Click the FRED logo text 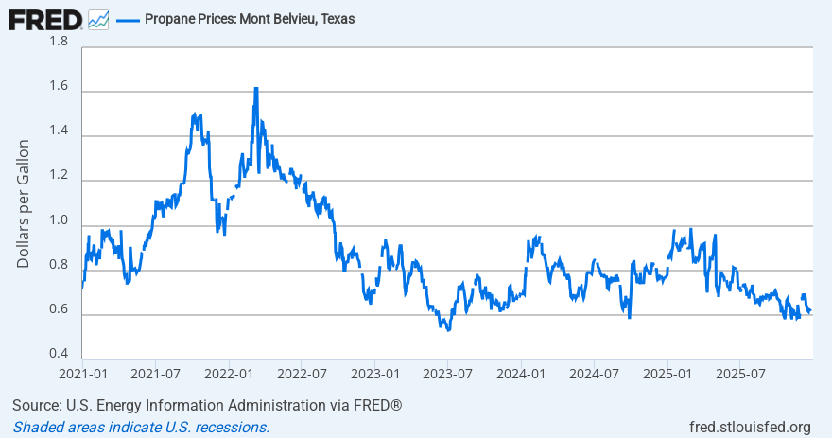click(45, 18)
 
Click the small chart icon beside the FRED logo click(98, 19)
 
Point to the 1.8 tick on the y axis click(59, 43)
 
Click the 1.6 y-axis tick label click(59, 87)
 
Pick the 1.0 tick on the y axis click(59, 221)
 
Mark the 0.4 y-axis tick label click(59, 355)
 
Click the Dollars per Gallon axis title click(24, 203)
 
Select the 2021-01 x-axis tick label click(82, 375)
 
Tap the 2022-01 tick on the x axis click(229, 375)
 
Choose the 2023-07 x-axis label click(447, 375)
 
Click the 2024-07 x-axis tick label click(594, 375)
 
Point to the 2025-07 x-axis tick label click(740, 375)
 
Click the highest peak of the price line click(256, 88)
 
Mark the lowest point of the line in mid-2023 click(448, 329)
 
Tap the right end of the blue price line click(810, 311)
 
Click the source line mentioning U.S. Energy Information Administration click(207, 406)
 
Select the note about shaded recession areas click(141, 427)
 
